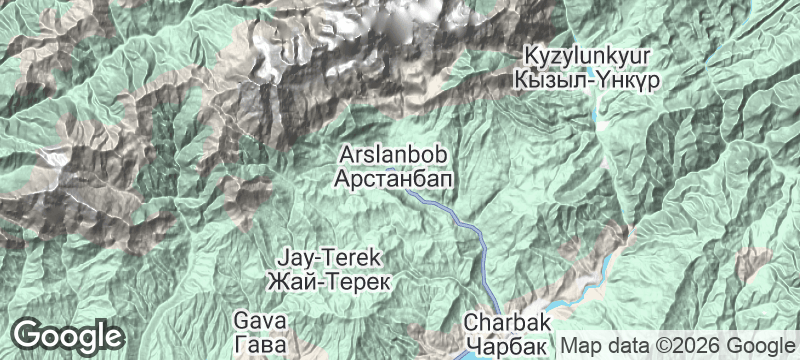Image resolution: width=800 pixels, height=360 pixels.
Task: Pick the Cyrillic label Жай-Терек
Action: [x=329, y=279]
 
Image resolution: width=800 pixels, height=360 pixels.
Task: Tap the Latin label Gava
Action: [x=260, y=320]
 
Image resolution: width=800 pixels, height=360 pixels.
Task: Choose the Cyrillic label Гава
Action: [x=260, y=342]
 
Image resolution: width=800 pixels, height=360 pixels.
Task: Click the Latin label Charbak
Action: [x=507, y=325]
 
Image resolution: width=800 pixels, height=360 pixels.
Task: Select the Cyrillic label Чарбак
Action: [x=507, y=345]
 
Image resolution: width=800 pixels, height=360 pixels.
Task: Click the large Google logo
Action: [x=68, y=335]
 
